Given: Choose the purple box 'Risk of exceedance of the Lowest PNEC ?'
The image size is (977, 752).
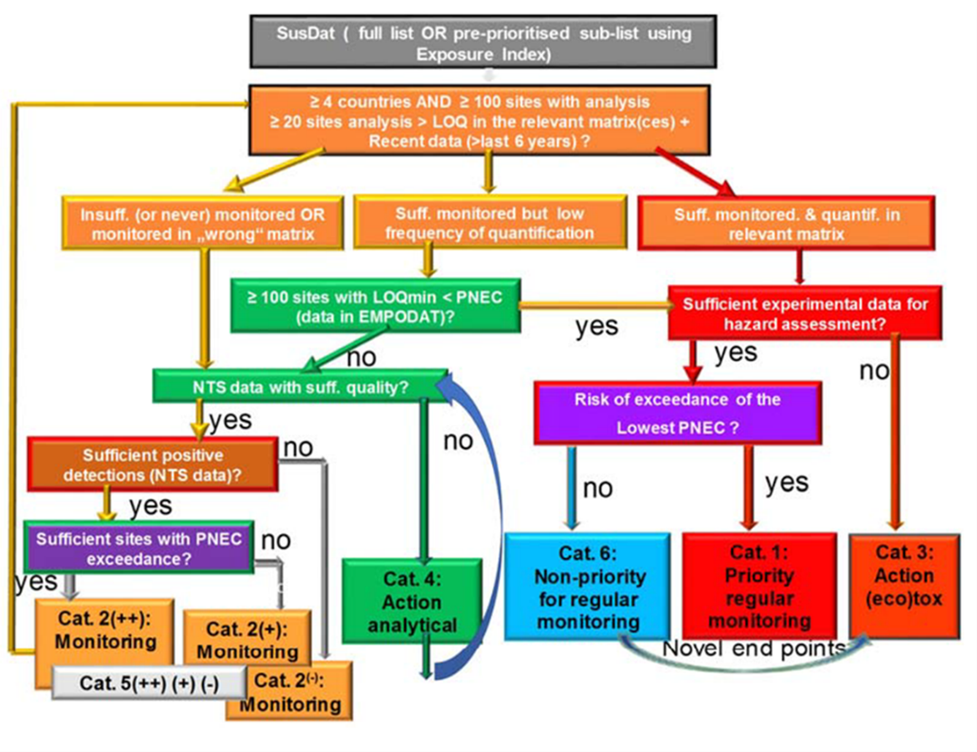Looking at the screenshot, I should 677,413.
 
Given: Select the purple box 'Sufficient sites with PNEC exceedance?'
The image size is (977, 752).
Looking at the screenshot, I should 139,546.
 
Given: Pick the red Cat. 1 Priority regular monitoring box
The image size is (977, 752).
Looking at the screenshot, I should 759,585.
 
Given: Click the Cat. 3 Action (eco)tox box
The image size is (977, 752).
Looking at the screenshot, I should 904,585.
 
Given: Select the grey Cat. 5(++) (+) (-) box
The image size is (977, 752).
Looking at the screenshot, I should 149,683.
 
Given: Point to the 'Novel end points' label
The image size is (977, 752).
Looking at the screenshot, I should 754,649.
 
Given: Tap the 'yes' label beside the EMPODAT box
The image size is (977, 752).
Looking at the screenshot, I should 596,326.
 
